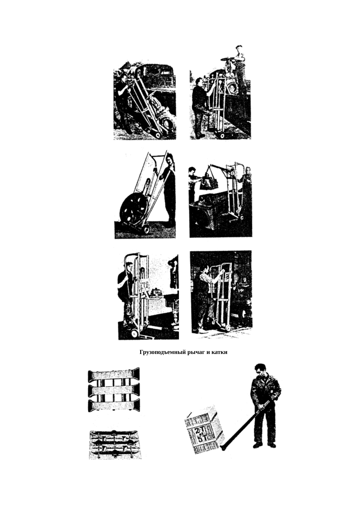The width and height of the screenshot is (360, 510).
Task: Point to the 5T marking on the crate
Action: point(202,439)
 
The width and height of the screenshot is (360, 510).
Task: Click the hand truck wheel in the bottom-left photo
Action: point(134,333)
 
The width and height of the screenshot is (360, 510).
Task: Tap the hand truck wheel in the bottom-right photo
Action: point(228,329)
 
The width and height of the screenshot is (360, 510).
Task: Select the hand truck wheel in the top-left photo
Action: point(157,135)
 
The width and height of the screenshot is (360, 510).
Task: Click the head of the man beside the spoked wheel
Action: point(170,158)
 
